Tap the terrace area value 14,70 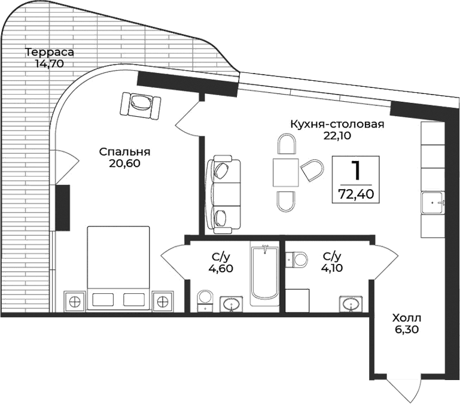pos(45,63)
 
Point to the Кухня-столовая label pos(336,124)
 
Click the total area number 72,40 pos(356,194)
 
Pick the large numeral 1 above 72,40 pos(356,171)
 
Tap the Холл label pos(406,317)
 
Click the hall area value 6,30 pos(406,329)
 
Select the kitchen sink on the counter pos(433,203)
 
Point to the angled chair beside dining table pos(312,171)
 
